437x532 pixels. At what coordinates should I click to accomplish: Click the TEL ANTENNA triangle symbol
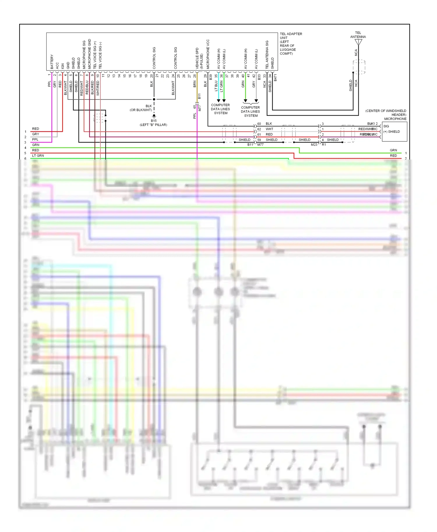358,42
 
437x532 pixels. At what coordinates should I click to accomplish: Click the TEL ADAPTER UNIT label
291,36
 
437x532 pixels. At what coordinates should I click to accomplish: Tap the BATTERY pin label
52,62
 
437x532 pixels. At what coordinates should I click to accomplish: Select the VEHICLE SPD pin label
197,58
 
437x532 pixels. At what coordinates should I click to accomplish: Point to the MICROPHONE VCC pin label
208,54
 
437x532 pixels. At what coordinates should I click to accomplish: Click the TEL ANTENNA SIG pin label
267,55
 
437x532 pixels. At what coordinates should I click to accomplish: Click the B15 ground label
154,120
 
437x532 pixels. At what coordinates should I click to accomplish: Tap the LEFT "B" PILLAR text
154,125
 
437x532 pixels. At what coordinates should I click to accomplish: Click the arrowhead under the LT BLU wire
218,101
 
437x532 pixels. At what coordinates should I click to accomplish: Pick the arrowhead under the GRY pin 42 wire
256,101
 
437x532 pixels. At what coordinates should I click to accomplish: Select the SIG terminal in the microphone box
386,126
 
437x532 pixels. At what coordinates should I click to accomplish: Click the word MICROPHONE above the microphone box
395,119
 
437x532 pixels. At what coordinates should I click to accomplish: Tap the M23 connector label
314,145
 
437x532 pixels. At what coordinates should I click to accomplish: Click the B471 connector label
275,78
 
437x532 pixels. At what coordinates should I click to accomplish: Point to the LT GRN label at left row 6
38,156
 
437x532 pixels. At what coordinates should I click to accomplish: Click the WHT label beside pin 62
269,129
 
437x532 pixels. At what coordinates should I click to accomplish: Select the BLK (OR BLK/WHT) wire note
141,108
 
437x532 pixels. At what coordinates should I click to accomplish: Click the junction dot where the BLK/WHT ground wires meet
154,99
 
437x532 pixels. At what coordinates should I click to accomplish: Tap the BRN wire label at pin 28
195,84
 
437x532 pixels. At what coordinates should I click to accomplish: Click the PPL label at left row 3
35,139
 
